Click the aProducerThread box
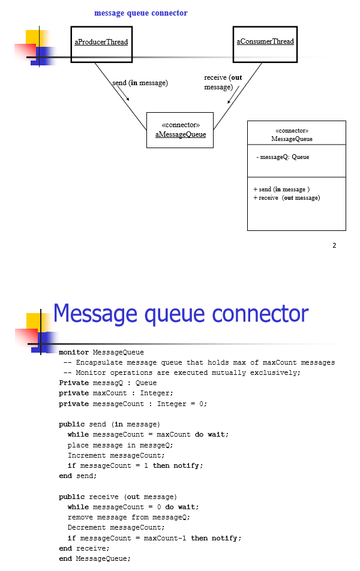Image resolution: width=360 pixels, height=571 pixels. tap(101, 43)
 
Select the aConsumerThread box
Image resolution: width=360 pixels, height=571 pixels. tap(265, 43)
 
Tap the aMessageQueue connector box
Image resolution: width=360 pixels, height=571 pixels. tap(180, 130)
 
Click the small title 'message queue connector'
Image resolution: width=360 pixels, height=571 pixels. tap(140, 13)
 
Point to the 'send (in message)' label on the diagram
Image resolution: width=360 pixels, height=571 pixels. tap(140, 83)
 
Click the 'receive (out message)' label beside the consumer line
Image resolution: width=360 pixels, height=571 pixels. tap(223, 82)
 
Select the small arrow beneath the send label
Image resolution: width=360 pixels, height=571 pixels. tap(122, 93)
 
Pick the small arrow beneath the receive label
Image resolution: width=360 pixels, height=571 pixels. tap(233, 95)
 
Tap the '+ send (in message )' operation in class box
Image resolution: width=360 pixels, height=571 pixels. tap(281, 190)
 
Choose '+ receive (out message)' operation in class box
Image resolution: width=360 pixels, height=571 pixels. tap(286, 198)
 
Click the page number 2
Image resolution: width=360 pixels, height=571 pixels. tap(334, 245)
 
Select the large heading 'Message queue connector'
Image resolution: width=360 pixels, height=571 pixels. tap(181, 314)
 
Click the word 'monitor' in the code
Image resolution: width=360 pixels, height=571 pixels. tap(74, 352)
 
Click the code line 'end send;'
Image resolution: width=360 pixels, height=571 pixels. tap(77, 476)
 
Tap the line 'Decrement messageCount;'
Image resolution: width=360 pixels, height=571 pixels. tap(116, 527)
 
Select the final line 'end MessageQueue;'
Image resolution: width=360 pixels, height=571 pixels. tap(94, 558)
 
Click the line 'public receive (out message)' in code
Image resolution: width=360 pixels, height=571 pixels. tap(118, 497)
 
